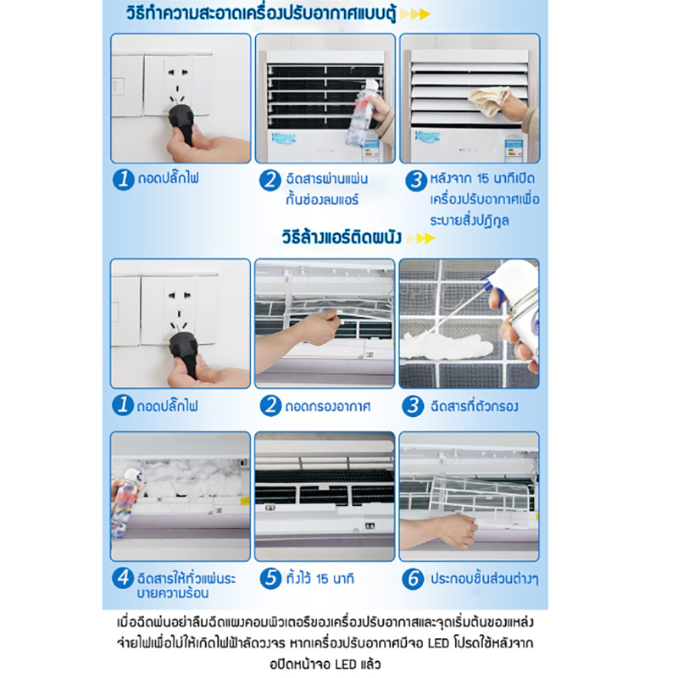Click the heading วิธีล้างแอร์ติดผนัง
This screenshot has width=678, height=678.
pos(342,237)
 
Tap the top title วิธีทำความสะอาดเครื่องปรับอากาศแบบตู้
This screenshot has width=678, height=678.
pos(261,14)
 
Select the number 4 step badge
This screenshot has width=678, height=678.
pos(123,578)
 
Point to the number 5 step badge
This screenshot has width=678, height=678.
pos(270,578)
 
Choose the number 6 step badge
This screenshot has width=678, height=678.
pos(413,579)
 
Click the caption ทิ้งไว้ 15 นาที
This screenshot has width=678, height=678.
pos(320,579)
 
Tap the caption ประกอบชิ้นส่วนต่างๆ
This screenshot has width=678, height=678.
pos(484,579)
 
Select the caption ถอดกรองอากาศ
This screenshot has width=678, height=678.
pos(328,407)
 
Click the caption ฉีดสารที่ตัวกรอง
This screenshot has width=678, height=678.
pos(474,407)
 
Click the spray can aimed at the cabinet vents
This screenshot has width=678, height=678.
pos(364,114)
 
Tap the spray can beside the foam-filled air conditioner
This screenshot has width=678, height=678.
pos(125,503)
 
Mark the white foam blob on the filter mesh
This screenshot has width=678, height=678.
pos(446,346)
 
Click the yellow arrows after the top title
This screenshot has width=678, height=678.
pos(414,14)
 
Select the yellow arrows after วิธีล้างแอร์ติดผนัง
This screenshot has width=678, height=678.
pos(420,238)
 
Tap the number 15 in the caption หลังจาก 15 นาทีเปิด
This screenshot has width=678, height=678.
pos(483,179)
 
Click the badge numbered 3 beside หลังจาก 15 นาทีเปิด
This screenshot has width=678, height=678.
pos(416,180)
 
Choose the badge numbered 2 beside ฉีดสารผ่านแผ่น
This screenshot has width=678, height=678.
pos(270,180)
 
